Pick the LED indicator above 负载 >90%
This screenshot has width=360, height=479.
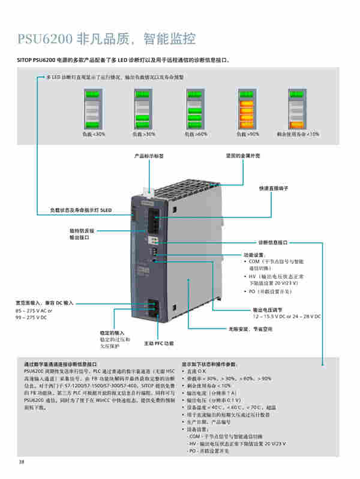coord(248,109)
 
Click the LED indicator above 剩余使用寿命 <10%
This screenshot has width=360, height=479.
coord(298,109)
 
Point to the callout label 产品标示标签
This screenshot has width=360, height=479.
coord(148,155)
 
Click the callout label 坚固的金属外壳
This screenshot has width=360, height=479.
coord(238,155)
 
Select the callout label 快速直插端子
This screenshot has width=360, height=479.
coord(274,188)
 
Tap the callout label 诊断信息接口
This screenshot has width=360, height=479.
coord(273,243)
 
